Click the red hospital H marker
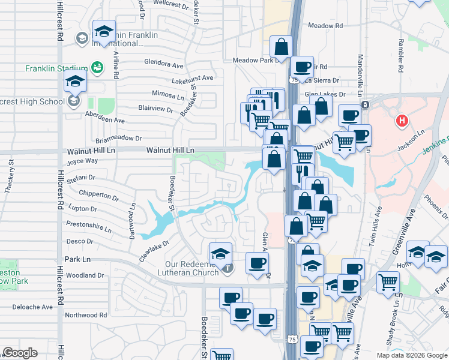coord(403,121)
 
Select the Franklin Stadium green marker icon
coord(97,68)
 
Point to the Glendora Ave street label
coord(164,64)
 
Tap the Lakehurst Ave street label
coord(192,78)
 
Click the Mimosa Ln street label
coord(168,95)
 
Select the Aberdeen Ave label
coord(105,121)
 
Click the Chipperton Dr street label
coord(98,196)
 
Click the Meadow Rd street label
coord(325,26)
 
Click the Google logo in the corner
coord(20,353)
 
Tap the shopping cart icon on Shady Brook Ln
coord(388,281)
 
